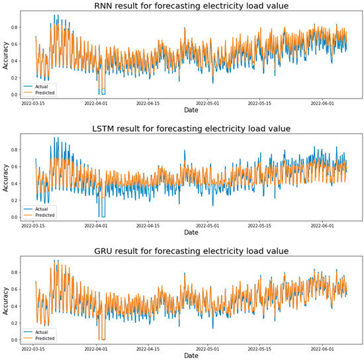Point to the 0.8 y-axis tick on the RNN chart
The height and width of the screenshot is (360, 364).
(15, 28)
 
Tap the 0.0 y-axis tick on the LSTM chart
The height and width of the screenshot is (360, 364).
(15, 217)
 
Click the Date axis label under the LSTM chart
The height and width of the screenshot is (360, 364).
(191, 233)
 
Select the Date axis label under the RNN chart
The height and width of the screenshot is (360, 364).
(191, 111)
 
